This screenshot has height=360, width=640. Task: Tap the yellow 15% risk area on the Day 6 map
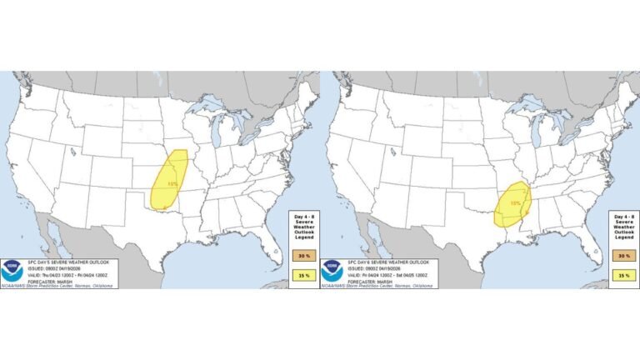(512, 203)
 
